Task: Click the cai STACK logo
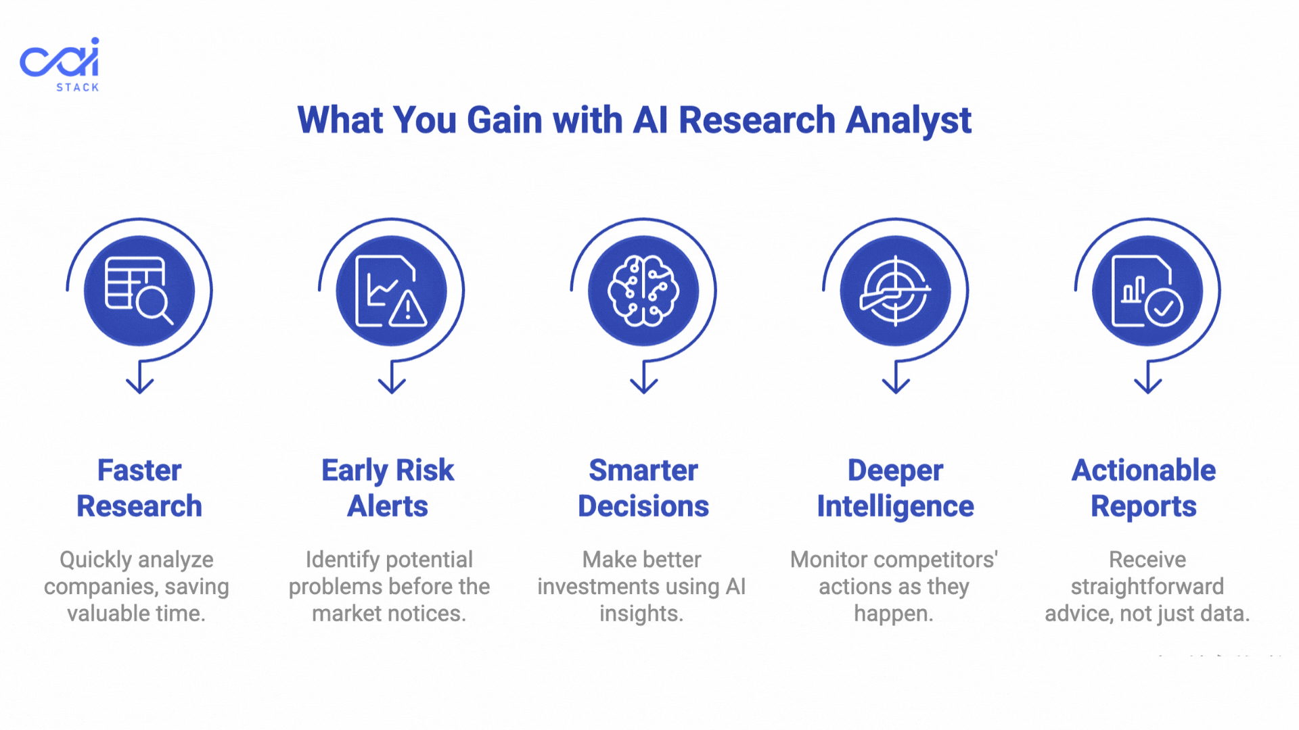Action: click(60, 64)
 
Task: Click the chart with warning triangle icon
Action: click(391, 291)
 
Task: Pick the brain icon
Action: click(643, 291)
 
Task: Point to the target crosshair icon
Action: click(895, 291)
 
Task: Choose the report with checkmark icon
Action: click(1147, 291)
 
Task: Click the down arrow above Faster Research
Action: click(140, 377)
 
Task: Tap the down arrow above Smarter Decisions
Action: click(643, 377)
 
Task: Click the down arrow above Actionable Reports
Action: click(1147, 377)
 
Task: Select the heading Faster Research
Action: click(139, 488)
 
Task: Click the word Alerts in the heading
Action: click(388, 506)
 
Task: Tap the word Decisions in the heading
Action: click(643, 506)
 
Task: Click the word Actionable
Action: click(1144, 470)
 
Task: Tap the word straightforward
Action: click(1147, 587)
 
